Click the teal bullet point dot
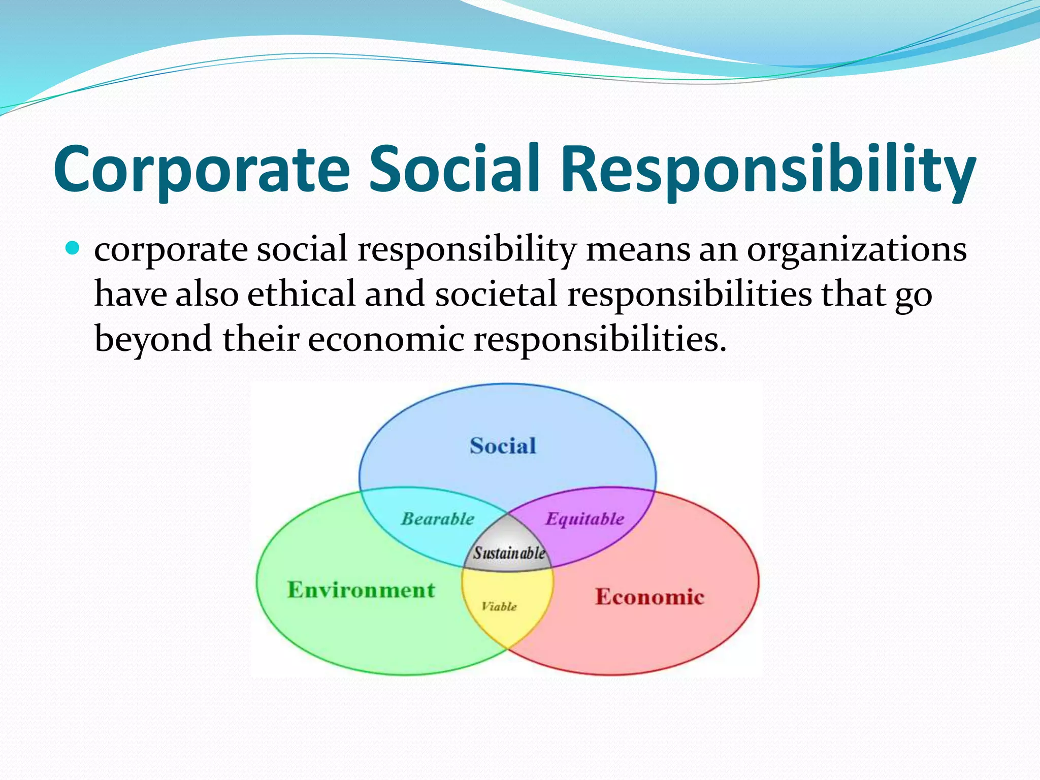pyautogui.click(x=74, y=248)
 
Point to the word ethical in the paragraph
pyautogui.click(x=302, y=295)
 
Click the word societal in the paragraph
pyautogui.click(x=496, y=295)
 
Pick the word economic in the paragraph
pyautogui.click(x=386, y=339)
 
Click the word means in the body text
pyautogui.click(x=638, y=250)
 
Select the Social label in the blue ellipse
pyautogui.click(x=503, y=446)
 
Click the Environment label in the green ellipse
pyautogui.click(x=361, y=590)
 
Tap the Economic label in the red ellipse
pyautogui.click(x=649, y=597)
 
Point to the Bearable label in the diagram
pyautogui.click(x=438, y=519)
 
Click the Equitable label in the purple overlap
pyautogui.click(x=584, y=519)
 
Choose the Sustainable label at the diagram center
pyautogui.click(x=509, y=553)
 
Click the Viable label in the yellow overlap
pyautogui.click(x=499, y=606)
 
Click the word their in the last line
pyautogui.click(x=261, y=339)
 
